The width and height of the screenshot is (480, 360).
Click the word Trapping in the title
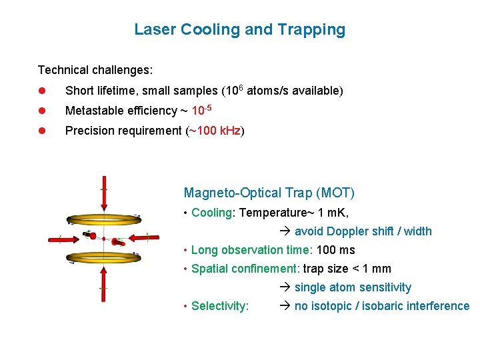(x=317, y=29)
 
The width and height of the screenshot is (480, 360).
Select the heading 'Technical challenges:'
(x=95, y=70)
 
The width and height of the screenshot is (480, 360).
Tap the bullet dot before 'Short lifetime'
(x=41, y=91)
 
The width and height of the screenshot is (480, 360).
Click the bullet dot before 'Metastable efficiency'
(x=41, y=111)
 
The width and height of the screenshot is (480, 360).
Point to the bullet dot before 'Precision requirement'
(x=41, y=131)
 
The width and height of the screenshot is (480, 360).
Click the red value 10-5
(x=202, y=109)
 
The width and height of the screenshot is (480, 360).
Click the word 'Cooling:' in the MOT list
(x=213, y=213)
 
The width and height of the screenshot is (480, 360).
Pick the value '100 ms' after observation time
(x=337, y=250)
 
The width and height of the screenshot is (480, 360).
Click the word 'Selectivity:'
(x=220, y=306)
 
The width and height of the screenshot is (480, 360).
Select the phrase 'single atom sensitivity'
(x=353, y=287)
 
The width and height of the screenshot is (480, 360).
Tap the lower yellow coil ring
(x=103, y=256)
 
